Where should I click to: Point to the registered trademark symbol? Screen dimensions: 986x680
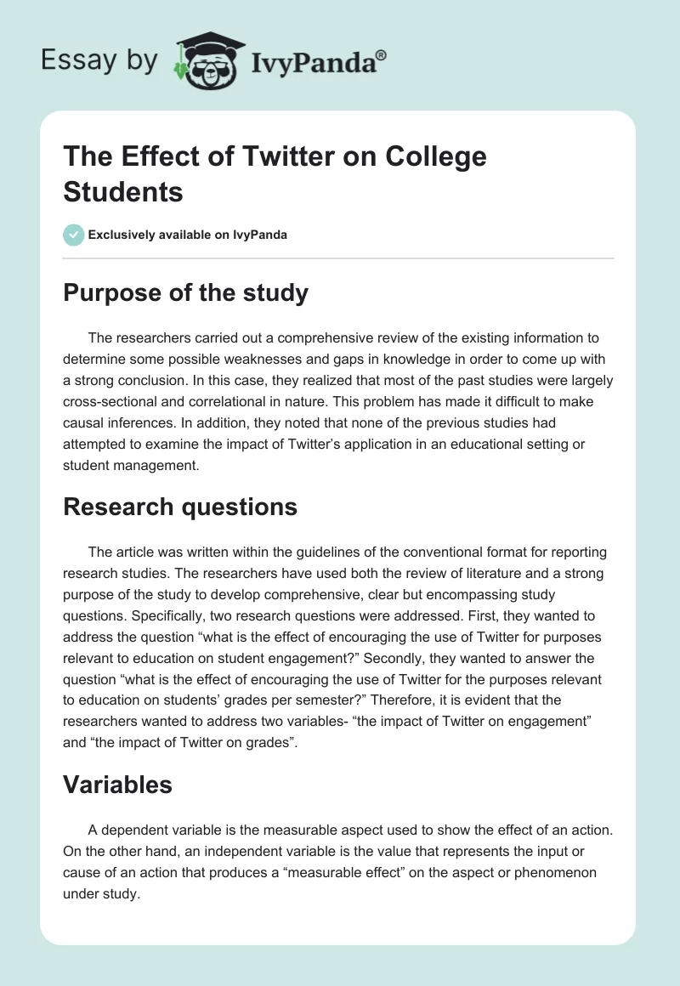[x=382, y=54]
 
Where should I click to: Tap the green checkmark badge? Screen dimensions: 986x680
[x=74, y=235]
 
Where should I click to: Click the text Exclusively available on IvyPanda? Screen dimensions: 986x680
[x=188, y=235]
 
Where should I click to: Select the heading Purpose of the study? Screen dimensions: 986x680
[x=185, y=293]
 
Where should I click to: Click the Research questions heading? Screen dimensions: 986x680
[x=180, y=507]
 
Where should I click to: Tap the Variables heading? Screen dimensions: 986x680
[x=117, y=785]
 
